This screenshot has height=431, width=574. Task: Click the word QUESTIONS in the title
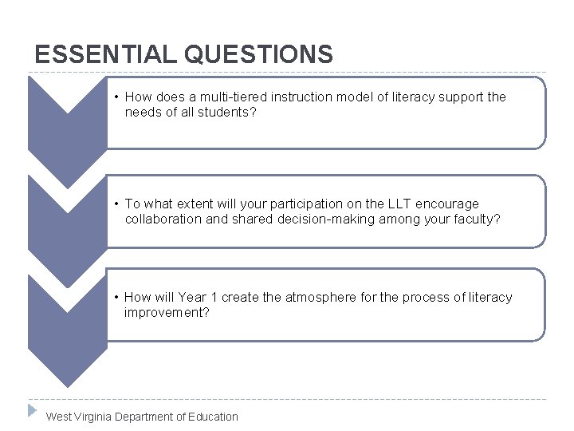(x=258, y=54)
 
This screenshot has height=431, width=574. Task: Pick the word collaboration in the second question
(x=163, y=219)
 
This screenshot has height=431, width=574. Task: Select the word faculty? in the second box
(x=476, y=219)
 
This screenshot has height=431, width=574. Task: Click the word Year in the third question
(x=192, y=298)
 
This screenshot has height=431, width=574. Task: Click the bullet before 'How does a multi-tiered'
(x=116, y=97)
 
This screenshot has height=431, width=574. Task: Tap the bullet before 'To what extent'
(x=116, y=204)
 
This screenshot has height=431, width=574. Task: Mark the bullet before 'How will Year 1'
(x=116, y=298)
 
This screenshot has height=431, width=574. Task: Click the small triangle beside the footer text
(x=32, y=410)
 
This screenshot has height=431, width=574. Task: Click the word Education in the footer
(x=213, y=417)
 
